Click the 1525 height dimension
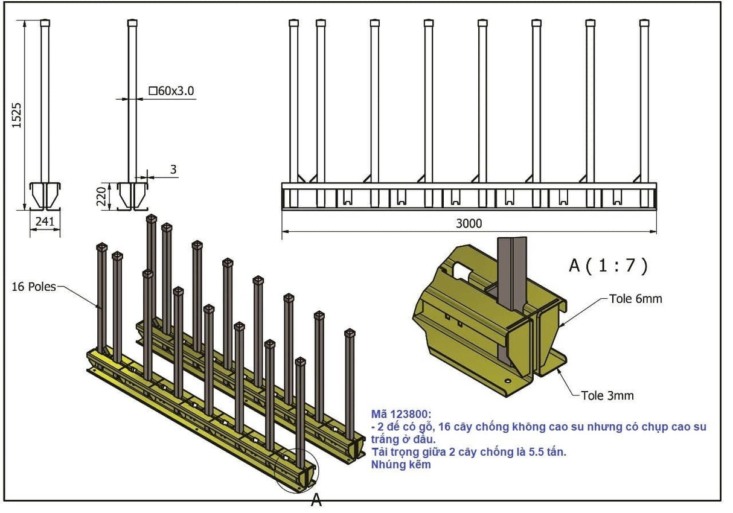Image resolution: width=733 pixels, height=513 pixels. (x=17, y=114)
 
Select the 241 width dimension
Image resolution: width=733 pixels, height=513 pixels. (x=45, y=221)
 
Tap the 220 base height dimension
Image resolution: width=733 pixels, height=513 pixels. (x=103, y=196)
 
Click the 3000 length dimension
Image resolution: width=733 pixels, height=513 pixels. (x=469, y=223)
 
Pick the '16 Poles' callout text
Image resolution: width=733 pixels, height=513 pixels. (x=33, y=287)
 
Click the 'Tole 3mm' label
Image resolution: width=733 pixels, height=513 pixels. (x=607, y=395)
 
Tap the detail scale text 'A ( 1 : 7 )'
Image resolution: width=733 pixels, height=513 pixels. (x=609, y=266)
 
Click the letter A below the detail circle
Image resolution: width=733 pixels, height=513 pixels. (x=316, y=500)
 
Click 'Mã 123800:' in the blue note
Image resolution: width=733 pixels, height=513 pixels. (x=402, y=414)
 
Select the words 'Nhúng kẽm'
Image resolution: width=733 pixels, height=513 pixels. (x=401, y=464)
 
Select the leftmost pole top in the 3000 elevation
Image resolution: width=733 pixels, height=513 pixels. (x=294, y=24)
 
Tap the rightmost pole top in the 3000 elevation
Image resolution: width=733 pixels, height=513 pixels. (x=644, y=24)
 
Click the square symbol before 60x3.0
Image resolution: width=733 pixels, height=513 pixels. (x=153, y=91)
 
